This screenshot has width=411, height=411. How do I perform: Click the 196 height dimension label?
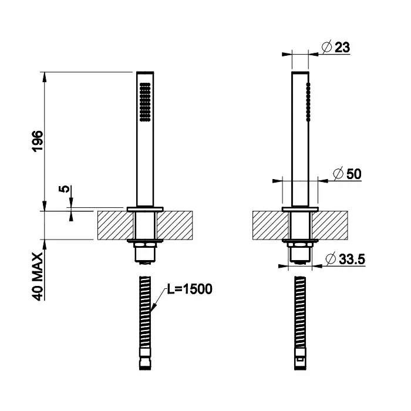coord(37,142)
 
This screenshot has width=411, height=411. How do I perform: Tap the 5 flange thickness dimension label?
coord(64,188)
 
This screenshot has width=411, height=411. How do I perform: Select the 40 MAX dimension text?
coord(38,277)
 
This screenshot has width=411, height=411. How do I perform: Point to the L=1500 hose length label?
coord(190,289)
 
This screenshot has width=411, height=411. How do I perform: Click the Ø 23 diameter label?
coord(336,47)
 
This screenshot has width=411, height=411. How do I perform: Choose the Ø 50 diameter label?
coord(348,174)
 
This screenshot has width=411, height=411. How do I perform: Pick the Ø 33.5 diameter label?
coord(345,259)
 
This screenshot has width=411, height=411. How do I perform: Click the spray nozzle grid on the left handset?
coord(145,102)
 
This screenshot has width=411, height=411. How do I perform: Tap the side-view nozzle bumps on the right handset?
coord(308,102)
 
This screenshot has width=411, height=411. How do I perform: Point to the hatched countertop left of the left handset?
coord(115,225)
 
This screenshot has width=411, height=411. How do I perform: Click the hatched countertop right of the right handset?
coord(330,225)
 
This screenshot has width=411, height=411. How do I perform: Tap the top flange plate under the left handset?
coord(145,209)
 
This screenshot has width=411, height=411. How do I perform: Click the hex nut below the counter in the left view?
coord(145,245)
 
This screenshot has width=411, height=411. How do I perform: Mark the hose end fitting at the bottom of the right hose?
coord(301,359)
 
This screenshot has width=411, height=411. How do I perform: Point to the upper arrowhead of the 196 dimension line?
coord(45,76)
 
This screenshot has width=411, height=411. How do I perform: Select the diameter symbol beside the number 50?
coord(338,173)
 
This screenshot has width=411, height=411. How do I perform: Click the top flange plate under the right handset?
coord(301,209)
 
